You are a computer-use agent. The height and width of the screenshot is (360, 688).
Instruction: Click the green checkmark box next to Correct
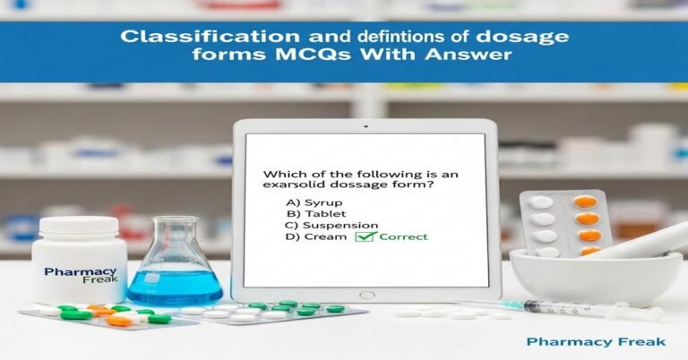(365, 237)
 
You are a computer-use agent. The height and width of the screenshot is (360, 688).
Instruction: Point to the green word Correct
(402, 237)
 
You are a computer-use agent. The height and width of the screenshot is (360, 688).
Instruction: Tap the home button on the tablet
(366, 295)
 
